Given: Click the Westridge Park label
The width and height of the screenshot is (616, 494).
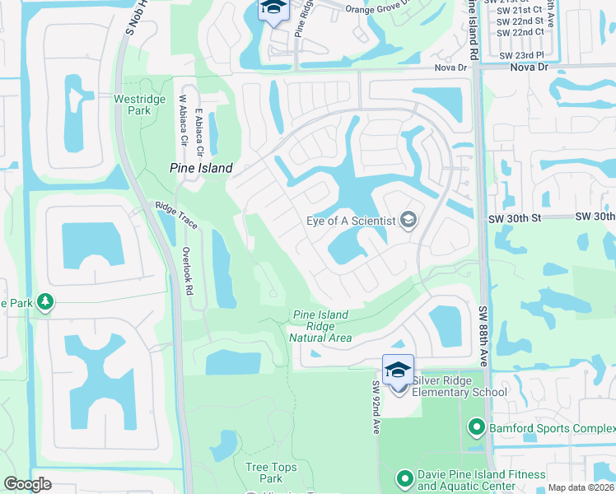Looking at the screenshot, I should tap(133, 105).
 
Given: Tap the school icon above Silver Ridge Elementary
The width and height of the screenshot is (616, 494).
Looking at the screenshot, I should tap(398, 370).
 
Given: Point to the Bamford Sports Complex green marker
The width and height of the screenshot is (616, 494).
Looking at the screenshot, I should tap(475, 427).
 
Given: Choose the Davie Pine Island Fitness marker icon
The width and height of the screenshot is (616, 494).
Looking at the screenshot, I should tap(404, 478).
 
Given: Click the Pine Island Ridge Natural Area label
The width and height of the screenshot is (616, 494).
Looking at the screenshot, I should tap(320, 326).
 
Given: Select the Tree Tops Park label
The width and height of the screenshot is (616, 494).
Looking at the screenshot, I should tap(264, 473).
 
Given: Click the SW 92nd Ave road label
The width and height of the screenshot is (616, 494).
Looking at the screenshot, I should tap(376, 408).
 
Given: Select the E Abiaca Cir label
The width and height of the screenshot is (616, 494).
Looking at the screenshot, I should tap(198, 133).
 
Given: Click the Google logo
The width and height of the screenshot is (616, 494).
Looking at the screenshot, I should tap(27, 484).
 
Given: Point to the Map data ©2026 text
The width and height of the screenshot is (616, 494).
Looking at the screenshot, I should tap(581, 487).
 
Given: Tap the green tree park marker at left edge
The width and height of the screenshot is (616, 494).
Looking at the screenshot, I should tap(45, 303).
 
